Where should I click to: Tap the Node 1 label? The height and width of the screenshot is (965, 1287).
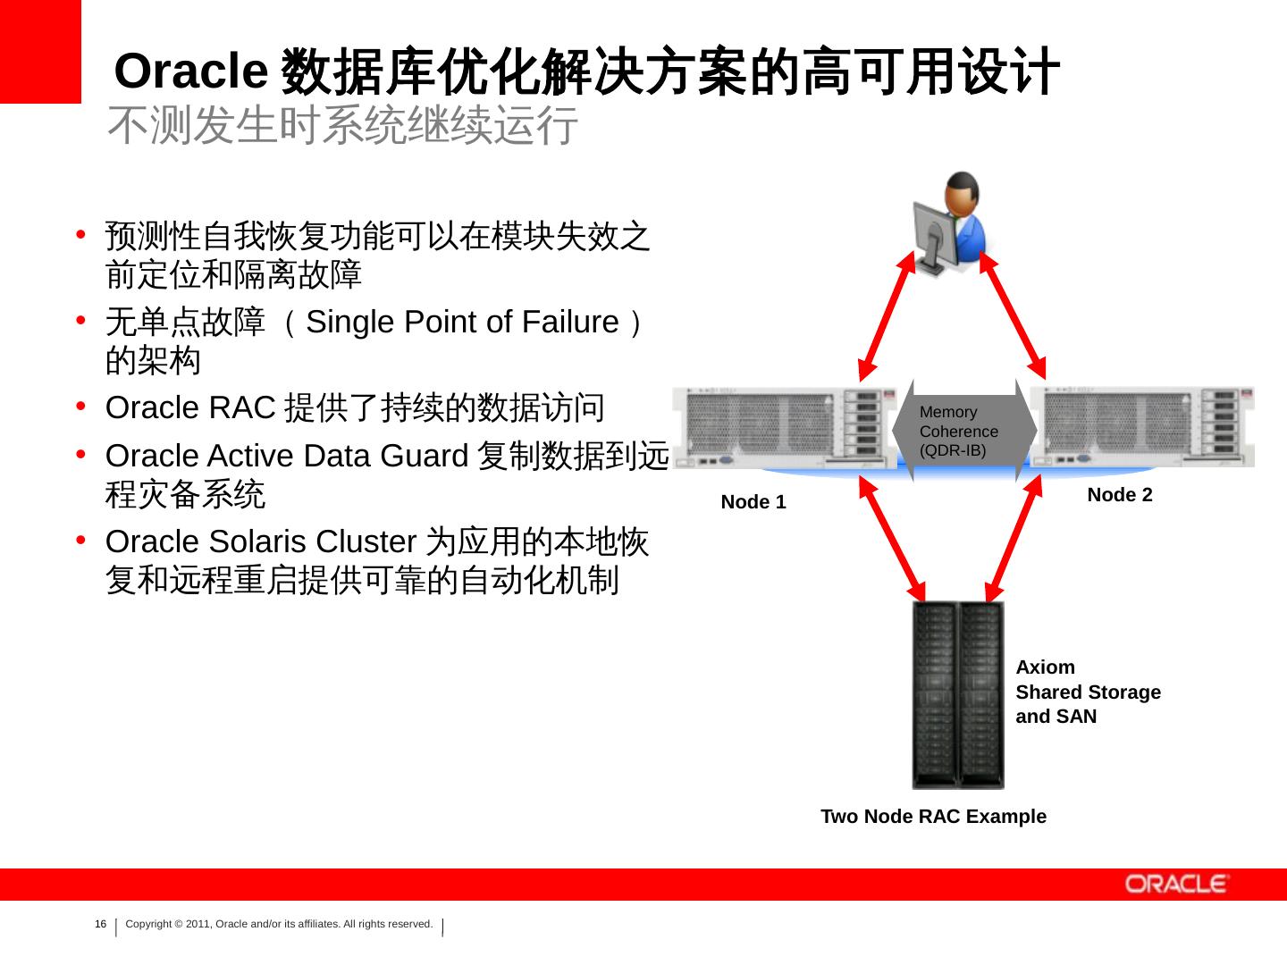point(753,502)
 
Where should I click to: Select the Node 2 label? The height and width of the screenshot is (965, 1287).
point(1119,495)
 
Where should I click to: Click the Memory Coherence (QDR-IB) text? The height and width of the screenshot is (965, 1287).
point(958,431)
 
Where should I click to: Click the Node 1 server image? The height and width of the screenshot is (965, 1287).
point(784,427)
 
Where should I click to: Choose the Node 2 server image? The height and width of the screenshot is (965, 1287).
point(1142,427)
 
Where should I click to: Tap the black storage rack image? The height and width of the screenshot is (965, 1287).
point(957,694)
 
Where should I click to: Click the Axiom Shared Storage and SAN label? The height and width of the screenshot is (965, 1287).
point(1088,692)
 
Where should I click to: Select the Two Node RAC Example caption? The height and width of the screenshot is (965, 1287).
point(933,816)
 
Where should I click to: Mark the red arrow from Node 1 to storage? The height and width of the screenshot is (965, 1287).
point(893,540)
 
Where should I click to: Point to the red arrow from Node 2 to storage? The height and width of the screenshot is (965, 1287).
point(1014,540)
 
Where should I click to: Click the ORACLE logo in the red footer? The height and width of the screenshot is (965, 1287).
point(1177,884)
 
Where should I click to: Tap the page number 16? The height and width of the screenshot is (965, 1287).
point(100,924)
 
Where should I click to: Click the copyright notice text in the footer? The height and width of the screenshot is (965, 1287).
point(279,924)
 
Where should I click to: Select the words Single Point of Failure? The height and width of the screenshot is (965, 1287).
point(462,322)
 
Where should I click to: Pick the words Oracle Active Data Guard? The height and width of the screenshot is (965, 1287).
point(287,456)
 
